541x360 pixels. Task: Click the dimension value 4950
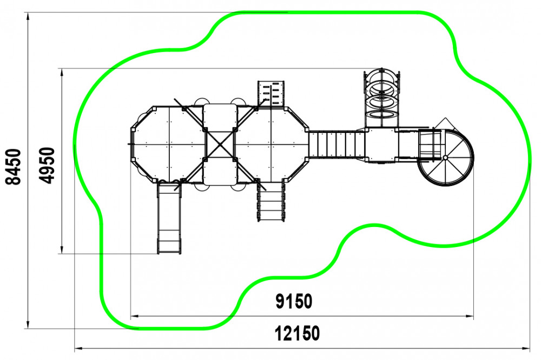click(x=47, y=165)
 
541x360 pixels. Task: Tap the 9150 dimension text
click(x=294, y=302)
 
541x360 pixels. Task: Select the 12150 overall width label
click(x=298, y=334)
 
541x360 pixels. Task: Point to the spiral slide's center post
click(x=445, y=158)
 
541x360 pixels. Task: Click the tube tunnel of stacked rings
click(x=381, y=98)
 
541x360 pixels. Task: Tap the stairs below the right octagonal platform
click(x=271, y=201)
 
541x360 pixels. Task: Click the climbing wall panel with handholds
click(x=271, y=94)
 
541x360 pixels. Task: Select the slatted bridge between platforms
click(x=337, y=144)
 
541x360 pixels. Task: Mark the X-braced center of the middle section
click(x=220, y=144)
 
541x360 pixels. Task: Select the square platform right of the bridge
click(x=381, y=144)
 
